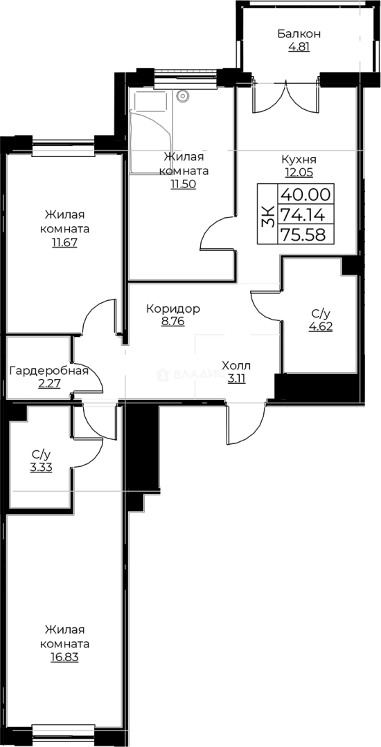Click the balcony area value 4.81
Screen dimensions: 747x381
pos(299,48)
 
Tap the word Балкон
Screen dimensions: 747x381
pos(299,33)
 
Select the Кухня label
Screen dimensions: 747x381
pos(300,158)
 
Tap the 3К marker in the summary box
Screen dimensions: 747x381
pos(267,214)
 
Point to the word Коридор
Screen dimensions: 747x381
pos(173,308)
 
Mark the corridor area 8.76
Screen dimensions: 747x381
pos(173,322)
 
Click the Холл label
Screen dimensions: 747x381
pos(236,365)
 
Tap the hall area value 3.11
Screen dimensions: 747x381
pos(236,378)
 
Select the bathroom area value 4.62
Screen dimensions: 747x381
pos(321,327)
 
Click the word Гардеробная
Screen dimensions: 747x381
pos(48,371)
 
